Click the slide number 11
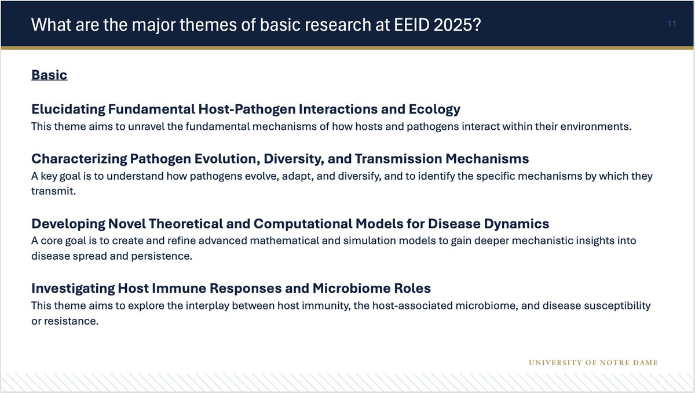point(671,24)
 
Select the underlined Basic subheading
point(49,75)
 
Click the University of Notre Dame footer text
point(594,363)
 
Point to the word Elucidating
point(68,109)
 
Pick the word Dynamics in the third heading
point(518,223)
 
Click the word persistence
point(164,256)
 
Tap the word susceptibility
point(617,305)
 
